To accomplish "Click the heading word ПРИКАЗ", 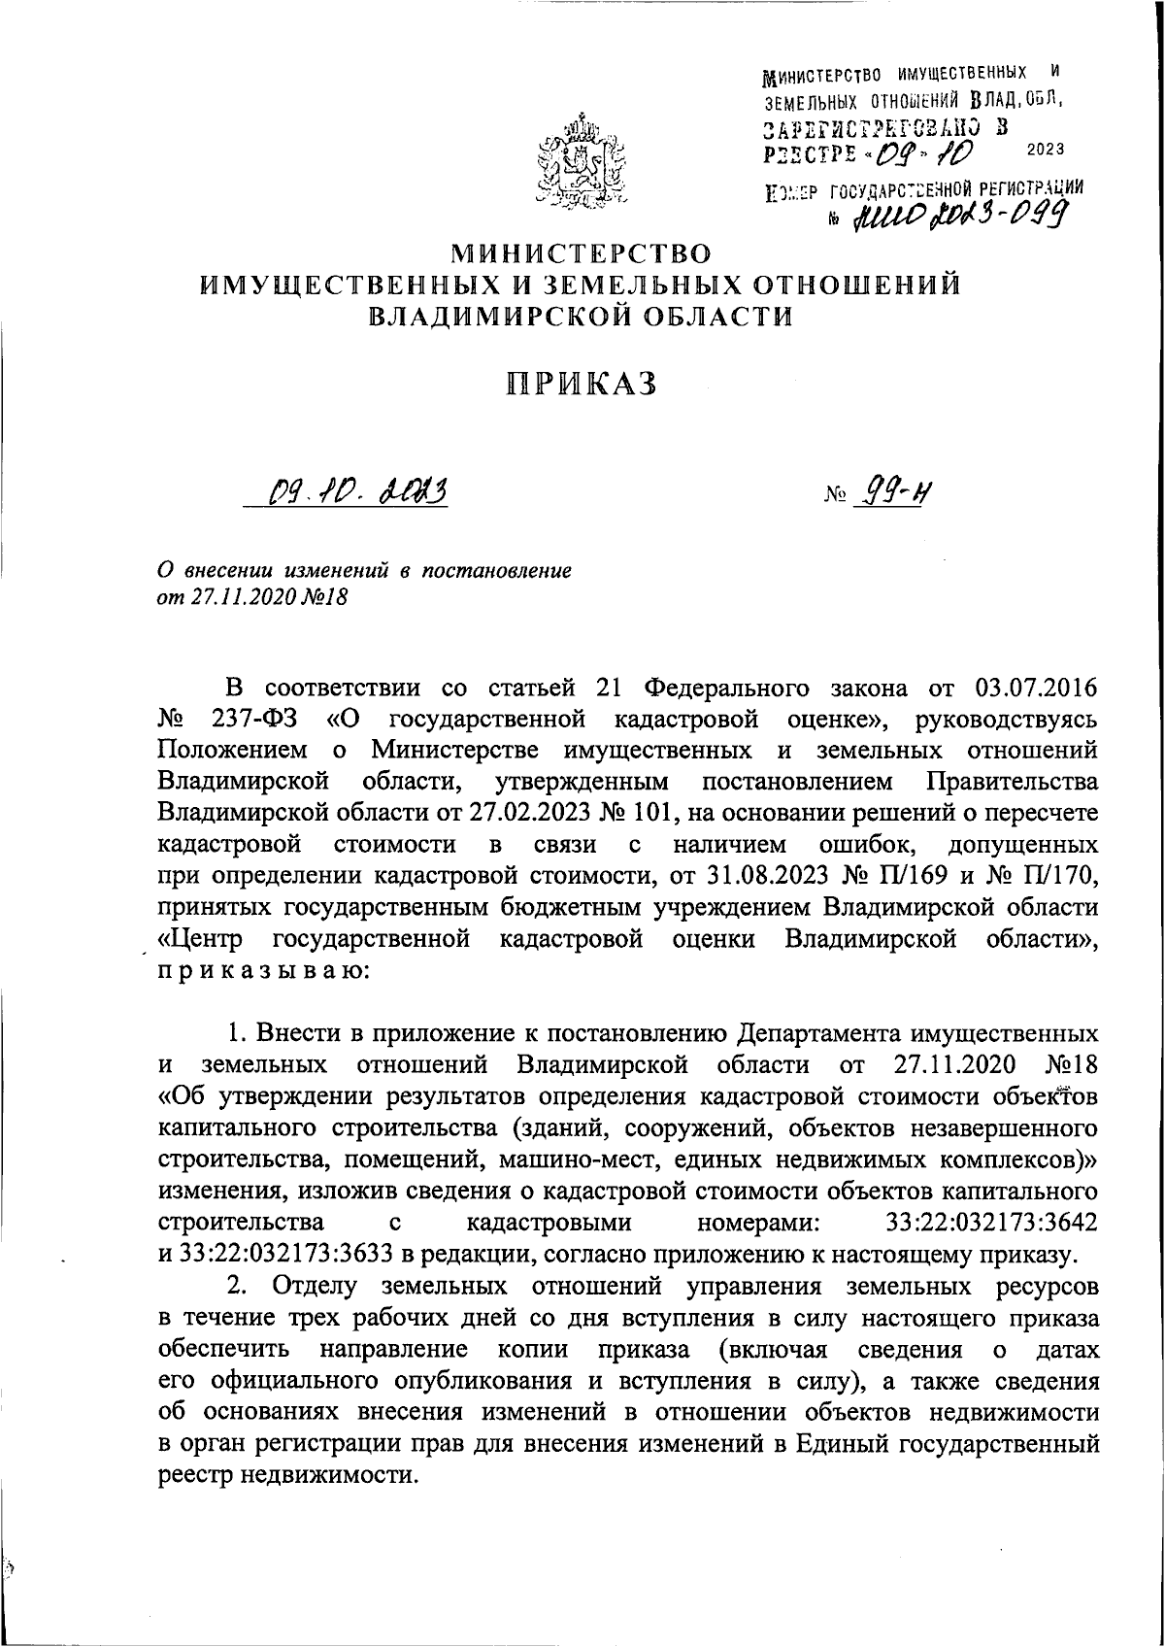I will pyautogui.click(x=582, y=385).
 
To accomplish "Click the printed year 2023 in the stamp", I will pyautogui.click(x=1044, y=149).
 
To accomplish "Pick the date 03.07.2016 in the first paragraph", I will pyautogui.click(x=1034, y=689).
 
